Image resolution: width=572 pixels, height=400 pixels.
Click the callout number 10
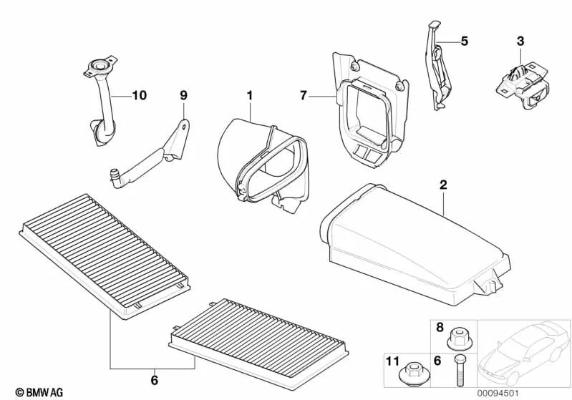137,94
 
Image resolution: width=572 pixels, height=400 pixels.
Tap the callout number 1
251,94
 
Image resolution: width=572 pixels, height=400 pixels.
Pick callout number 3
520,41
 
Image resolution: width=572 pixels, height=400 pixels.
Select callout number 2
443,185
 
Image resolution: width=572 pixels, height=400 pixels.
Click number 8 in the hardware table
439,327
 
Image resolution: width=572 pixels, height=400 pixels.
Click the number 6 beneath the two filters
155,379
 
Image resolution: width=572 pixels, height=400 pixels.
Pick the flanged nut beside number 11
414,371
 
